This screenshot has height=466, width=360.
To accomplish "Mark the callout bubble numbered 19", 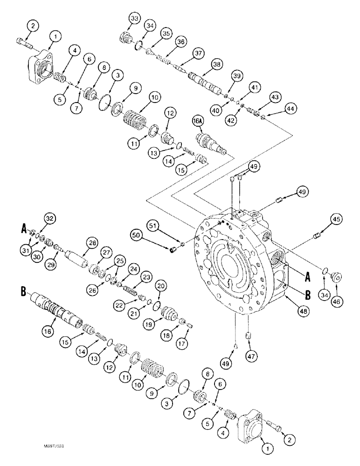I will click(x=149, y=324).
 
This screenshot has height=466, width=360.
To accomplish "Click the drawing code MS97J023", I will click(x=55, y=446).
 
